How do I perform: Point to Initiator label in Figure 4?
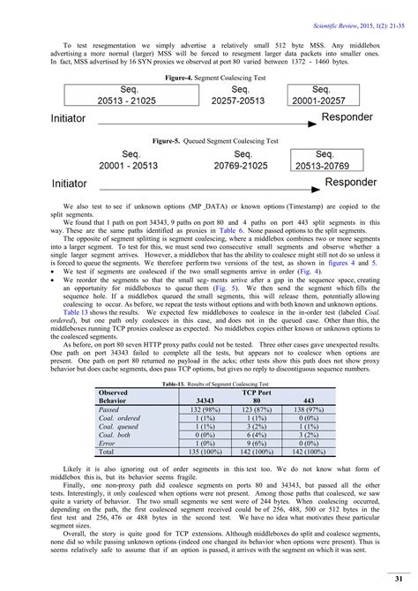(x=69, y=118)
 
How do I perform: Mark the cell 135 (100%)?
(x=203, y=451)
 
